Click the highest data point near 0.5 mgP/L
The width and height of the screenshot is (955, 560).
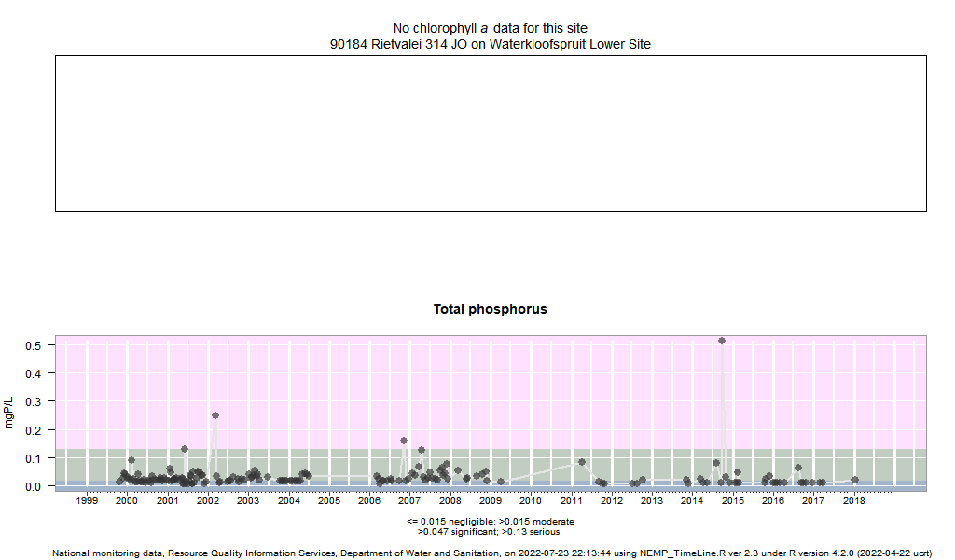tap(722, 341)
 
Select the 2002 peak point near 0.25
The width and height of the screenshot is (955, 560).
tap(215, 415)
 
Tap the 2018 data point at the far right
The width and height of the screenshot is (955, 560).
tap(855, 480)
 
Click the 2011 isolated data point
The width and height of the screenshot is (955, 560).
tap(582, 461)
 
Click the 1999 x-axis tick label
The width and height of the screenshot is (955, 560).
tap(87, 501)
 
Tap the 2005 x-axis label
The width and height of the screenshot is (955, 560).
tap(329, 501)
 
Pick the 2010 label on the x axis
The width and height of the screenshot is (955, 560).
tap(531, 501)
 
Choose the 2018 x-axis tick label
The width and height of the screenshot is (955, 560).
tap(853, 501)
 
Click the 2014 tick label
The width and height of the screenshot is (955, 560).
tap(692, 501)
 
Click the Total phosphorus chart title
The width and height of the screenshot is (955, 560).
tap(490, 309)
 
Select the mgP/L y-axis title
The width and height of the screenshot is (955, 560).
tap(10, 412)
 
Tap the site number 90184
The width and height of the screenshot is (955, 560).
tap(349, 44)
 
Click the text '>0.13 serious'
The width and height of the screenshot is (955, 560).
tap(533, 531)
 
